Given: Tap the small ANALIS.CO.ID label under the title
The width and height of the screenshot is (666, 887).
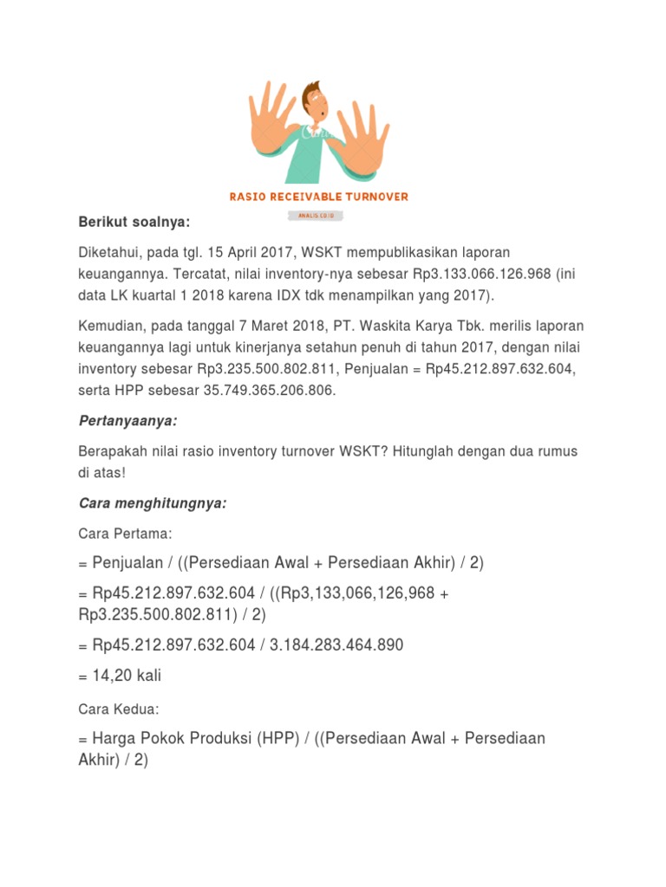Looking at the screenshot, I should click(x=317, y=213).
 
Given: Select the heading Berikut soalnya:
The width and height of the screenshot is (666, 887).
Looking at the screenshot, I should click(x=134, y=223).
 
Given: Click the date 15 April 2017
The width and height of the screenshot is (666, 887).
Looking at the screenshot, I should click(x=240, y=252).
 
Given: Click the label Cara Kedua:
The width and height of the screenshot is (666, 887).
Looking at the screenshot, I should click(x=119, y=709).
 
